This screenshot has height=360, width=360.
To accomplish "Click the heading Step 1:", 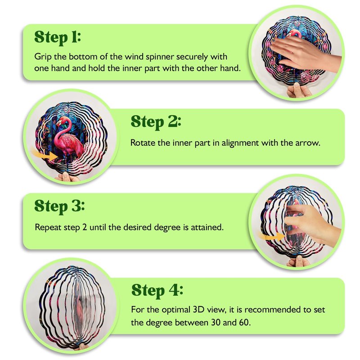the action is (58, 37).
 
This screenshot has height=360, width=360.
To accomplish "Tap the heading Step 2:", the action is (156, 121).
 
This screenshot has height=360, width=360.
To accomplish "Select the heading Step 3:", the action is (59, 206).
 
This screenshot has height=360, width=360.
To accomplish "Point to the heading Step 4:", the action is (157, 291).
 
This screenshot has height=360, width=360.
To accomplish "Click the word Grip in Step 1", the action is (43, 57).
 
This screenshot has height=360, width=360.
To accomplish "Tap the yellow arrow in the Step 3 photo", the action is (271, 236).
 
